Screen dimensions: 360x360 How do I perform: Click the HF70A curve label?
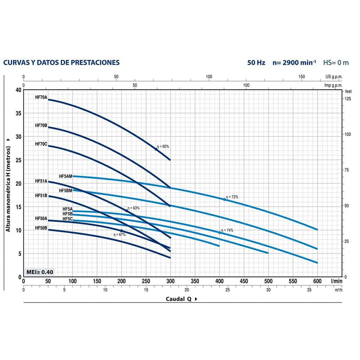[41, 97]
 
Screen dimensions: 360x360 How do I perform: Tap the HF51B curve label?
[41, 195]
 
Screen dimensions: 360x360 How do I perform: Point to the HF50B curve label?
[41, 228]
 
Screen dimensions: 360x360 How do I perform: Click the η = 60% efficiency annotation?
[163, 147]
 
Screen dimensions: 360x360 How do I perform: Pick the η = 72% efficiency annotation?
[232, 197]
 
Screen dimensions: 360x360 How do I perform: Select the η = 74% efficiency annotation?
[228, 230]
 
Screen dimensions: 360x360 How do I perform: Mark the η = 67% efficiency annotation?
[120, 235]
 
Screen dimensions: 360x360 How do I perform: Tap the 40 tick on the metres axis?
[18, 90]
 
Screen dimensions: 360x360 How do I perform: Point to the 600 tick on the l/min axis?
[317, 281]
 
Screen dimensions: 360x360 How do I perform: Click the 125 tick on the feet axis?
[348, 99]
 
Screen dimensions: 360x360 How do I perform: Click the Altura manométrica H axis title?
[8, 184]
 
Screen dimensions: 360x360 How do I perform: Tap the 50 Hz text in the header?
[256, 63]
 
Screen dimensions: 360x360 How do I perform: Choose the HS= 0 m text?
[336, 63]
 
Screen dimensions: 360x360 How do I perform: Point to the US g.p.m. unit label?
[334, 77]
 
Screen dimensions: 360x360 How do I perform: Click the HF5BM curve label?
[66, 190]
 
